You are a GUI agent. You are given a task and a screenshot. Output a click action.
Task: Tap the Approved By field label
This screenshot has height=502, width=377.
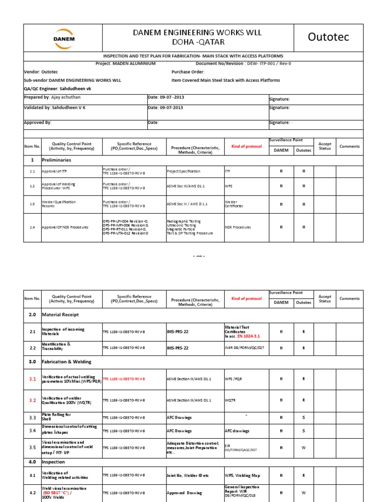pos(38,123)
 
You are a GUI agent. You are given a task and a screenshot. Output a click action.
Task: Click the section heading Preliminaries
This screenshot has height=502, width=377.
pos(56,160)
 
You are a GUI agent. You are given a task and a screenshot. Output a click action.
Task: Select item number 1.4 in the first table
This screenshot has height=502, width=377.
pos(32,227)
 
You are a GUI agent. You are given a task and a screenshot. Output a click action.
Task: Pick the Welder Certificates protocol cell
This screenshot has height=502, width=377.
pos(234,204)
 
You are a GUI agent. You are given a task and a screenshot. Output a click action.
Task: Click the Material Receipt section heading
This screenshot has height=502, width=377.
pos(60,314)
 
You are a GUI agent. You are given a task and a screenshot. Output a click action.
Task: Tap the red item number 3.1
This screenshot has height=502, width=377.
pos(32,379)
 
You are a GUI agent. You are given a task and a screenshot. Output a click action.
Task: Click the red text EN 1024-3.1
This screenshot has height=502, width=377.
pos(247,337)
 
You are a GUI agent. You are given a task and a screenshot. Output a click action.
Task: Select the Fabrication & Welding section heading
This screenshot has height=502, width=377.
pos(67,361)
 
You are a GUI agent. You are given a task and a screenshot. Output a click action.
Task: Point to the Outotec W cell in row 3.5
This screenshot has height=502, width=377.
pos(304,447)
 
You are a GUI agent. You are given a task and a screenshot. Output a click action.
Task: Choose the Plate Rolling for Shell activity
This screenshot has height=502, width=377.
pos(56,417)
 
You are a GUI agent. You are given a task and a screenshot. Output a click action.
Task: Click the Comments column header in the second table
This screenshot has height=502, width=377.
pos(350,299)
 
